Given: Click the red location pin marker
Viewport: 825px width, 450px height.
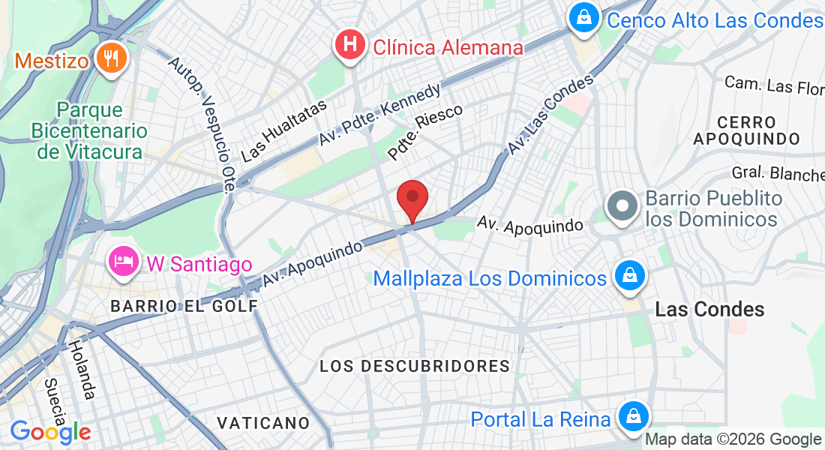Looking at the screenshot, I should [412, 199].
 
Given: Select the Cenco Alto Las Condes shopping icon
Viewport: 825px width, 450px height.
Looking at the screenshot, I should [583, 18].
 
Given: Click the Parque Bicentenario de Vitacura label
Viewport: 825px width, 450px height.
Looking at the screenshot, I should [89, 130].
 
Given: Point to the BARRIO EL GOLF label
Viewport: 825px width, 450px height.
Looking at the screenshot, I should [184, 306].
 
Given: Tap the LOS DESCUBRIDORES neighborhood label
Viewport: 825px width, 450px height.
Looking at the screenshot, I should [415, 366].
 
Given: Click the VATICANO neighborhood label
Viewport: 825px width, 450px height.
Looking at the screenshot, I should [263, 423].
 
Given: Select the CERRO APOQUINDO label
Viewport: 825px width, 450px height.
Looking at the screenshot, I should [746, 130].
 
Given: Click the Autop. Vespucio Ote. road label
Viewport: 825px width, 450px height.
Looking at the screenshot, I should [203, 125].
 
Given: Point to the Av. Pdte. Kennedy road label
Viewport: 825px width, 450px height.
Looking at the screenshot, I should [379, 114].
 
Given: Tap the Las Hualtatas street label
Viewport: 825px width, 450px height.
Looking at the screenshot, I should [285, 130].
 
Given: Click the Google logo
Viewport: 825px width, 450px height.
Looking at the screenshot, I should [50, 432].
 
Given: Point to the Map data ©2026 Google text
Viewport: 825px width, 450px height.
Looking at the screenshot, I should [733, 439].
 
